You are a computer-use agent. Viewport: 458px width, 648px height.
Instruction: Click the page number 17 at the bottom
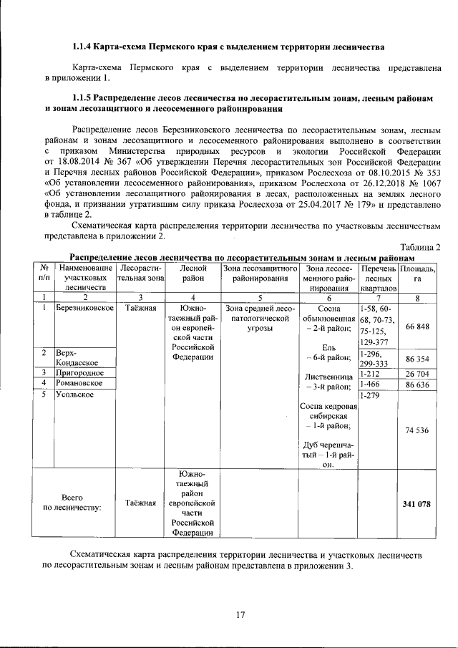(x=240, y=614)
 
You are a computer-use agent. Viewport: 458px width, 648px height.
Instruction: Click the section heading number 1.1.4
(x=85, y=48)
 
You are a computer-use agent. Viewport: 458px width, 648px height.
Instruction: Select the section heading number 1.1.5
(x=85, y=97)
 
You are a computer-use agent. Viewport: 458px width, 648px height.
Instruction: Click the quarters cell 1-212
(x=370, y=373)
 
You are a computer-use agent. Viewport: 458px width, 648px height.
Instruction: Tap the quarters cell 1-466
(x=370, y=384)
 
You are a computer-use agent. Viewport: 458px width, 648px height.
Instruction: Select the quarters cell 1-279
(x=370, y=395)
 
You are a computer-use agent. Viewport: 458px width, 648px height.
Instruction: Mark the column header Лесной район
(x=193, y=272)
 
